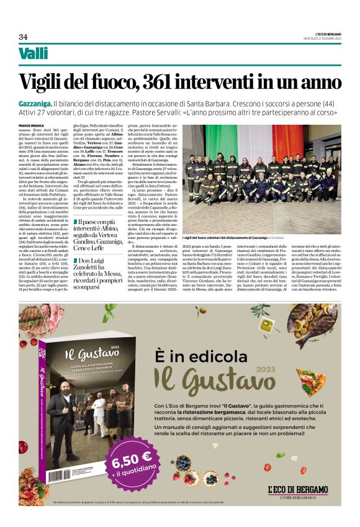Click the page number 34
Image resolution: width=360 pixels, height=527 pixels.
tap(23, 35)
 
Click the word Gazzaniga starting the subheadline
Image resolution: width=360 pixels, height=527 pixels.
tap(35, 102)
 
